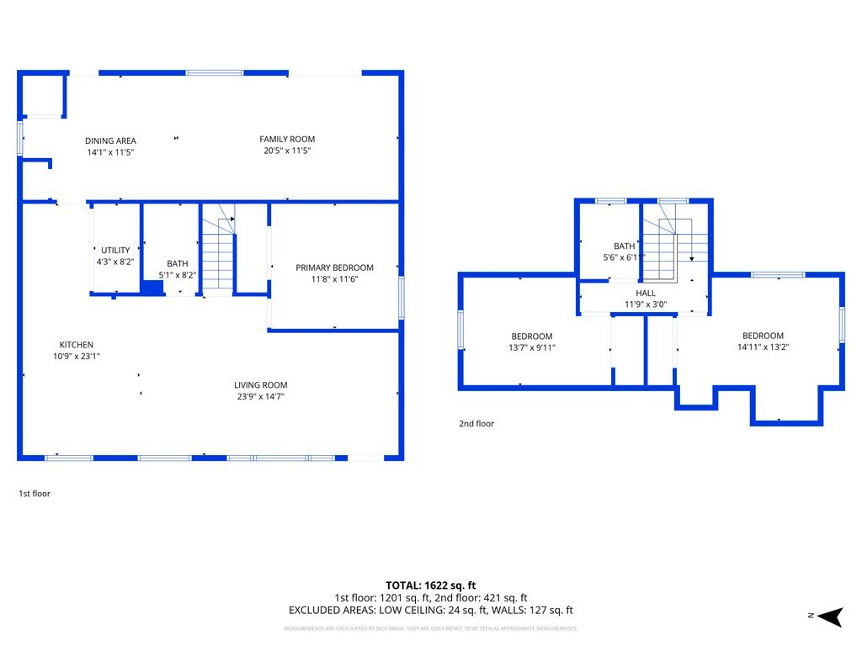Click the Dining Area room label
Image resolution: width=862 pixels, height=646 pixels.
click(x=110, y=140)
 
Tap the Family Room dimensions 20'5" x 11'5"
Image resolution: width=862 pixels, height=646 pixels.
click(x=286, y=151)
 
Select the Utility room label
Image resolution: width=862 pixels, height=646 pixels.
click(x=115, y=251)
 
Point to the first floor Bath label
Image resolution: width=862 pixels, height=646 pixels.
click(x=178, y=263)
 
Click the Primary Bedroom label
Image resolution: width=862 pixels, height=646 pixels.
click(x=334, y=267)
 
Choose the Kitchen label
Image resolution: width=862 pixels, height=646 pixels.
click(x=76, y=345)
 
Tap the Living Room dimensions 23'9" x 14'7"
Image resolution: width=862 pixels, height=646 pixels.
click(x=260, y=397)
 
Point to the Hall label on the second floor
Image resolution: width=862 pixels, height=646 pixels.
click(x=646, y=293)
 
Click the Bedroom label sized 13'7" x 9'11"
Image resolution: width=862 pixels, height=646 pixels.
click(x=532, y=336)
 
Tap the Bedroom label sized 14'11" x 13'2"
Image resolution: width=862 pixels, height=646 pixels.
click(x=763, y=336)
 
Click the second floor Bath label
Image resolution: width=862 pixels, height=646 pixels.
click(x=624, y=246)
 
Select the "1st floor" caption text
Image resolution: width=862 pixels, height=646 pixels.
click(x=35, y=494)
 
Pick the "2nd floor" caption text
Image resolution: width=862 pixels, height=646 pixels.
click(x=476, y=424)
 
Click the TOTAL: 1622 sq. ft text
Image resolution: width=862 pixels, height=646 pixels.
click(x=430, y=585)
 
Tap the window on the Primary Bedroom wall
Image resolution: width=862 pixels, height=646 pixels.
click(x=402, y=298)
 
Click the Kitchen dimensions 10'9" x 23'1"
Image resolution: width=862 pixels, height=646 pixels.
click(x=76, y=357)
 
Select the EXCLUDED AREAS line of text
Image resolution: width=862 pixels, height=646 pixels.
click(x=430, y=611)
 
